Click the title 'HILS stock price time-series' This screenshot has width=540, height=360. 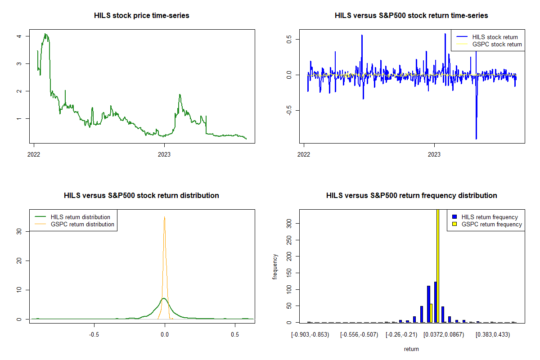click(x=141, y=16)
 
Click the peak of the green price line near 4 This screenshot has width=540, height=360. click(x=45, y=34)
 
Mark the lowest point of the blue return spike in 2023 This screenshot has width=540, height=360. click(x=476, y=139)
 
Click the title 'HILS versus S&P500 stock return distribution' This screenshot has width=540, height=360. click(x=141, y=196)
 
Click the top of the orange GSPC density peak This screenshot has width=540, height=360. click(x=165, y=217)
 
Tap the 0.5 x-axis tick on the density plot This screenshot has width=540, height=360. click(x=235, y=335)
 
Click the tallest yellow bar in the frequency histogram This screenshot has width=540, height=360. click(x=438, y=265)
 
